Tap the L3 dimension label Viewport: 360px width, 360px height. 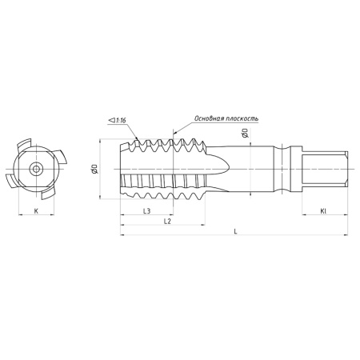[x=147, y=210]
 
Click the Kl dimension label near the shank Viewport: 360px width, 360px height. [x=323, y=210]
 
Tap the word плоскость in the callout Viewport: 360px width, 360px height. [x=242, y=118]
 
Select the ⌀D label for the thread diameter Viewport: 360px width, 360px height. [x=94, y=169]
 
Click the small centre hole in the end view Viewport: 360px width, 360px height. [x=35, y=169]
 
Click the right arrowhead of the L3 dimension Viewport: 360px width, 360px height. [x=173, y=216]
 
